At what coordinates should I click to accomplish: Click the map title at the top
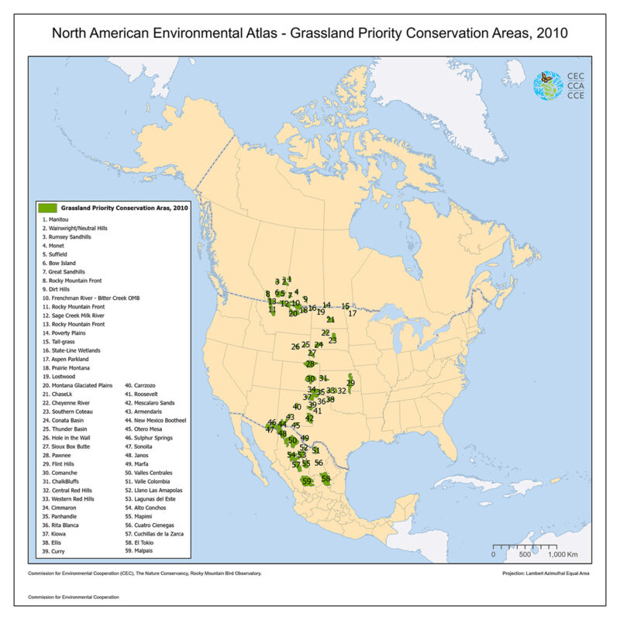pos(310,34)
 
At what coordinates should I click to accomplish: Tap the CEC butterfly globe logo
pos(548,85)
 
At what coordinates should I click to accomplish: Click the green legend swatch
pos(48,208)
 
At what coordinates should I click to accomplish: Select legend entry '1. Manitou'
pos(59,219)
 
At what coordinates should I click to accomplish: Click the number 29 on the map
pos(350,383)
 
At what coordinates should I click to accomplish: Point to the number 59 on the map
pos(307,481)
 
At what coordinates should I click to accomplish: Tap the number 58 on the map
pos(326,479)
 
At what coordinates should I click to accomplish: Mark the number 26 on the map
pos(295,346)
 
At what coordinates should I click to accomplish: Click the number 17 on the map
pos(352,314)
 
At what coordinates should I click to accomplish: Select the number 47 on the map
pos(269,429)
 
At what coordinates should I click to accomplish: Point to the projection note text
pos(546,573)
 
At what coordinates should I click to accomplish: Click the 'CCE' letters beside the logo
pos(576,96)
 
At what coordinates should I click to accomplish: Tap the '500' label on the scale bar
pos(525,555)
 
